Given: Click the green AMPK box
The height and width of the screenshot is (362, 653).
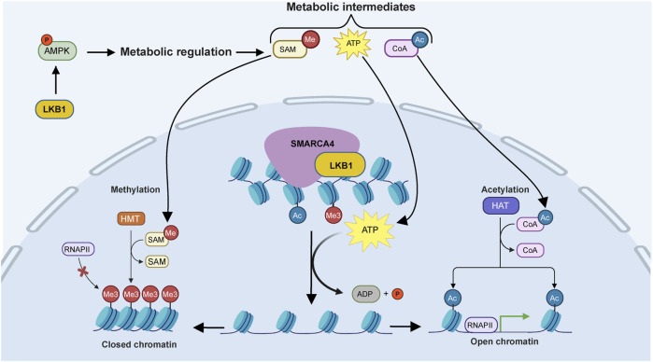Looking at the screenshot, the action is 58,50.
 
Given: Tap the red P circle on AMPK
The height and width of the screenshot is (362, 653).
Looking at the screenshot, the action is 47,40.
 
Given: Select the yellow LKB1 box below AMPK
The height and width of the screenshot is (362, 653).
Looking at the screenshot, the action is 54,109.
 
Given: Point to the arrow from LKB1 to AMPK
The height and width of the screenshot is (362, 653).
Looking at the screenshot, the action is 56,81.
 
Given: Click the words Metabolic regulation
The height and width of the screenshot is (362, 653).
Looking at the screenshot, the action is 176,52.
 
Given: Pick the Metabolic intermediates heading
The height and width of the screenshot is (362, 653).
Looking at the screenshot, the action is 350,7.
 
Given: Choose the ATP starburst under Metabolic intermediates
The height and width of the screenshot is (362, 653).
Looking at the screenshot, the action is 353,44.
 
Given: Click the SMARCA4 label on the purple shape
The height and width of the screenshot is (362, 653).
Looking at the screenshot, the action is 312,144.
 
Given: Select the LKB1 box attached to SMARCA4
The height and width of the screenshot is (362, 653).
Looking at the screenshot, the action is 340,165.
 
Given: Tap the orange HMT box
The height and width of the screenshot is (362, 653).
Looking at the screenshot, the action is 131,219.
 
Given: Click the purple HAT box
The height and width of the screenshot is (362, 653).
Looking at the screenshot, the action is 501,205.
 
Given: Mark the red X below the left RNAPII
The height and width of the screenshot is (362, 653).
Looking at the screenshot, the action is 83,271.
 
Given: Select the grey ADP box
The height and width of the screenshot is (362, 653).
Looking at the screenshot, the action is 365,294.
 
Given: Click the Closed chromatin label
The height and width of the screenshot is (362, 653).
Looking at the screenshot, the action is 139,344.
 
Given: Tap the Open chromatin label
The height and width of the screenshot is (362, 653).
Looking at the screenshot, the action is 504,341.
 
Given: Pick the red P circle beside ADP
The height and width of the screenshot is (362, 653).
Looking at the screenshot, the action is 397,294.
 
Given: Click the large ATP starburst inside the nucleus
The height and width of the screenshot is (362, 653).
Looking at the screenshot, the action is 370,230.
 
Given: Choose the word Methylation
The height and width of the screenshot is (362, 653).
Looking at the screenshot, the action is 135,189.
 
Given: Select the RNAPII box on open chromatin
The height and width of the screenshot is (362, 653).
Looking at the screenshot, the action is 480,325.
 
